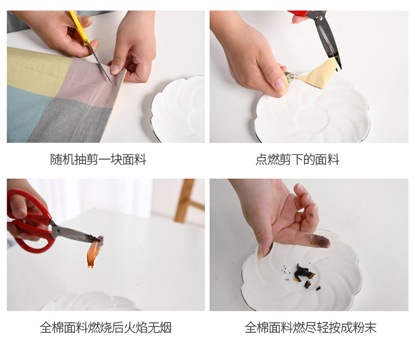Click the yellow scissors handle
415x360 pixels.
click(79, 27)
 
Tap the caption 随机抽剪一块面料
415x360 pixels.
click(98, 160)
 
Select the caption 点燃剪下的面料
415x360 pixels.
click(297, 160)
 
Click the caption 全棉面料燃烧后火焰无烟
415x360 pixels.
click(106, 327)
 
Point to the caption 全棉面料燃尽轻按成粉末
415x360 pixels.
click(310, 327)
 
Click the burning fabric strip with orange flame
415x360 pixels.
click(95, 251)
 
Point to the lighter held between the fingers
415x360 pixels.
click(289, 77)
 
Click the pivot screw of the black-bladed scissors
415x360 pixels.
click(319, 18)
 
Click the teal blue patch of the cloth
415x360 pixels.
click(27, 115)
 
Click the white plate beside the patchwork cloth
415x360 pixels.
click(178, 109)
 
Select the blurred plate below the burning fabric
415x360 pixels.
click(91, 301)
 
